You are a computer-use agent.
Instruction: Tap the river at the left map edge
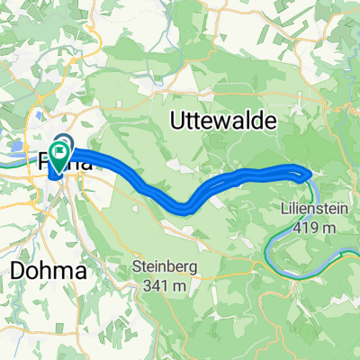(7, 166)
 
